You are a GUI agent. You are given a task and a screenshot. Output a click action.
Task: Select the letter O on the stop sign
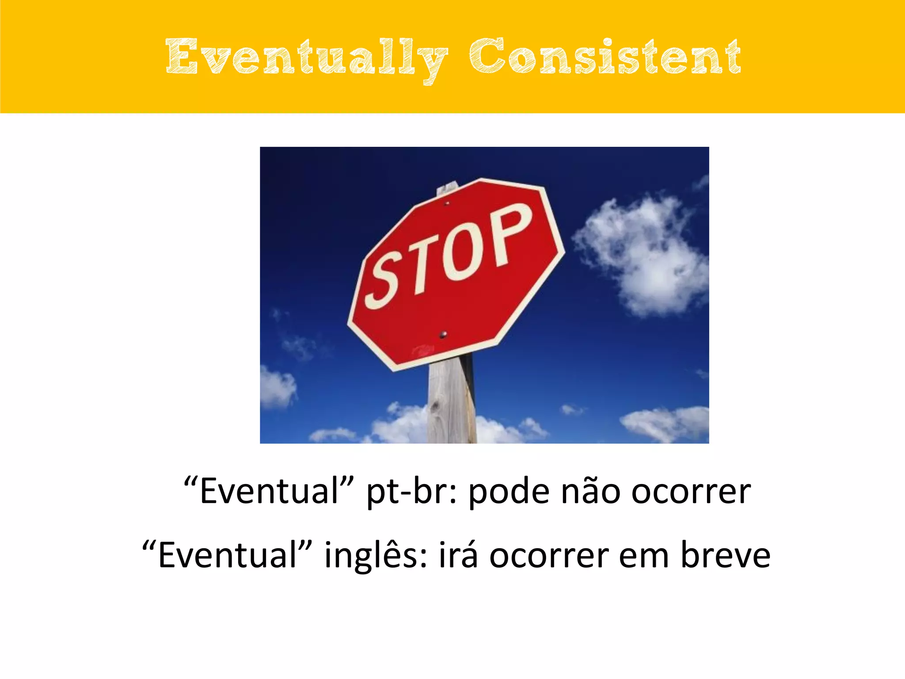click(464, 250)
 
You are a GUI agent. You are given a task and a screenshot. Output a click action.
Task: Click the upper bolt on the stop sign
click(447, 203)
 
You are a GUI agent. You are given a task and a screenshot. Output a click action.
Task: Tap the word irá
click(458, 555)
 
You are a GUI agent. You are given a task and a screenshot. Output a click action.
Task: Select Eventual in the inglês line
click(228, 555)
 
